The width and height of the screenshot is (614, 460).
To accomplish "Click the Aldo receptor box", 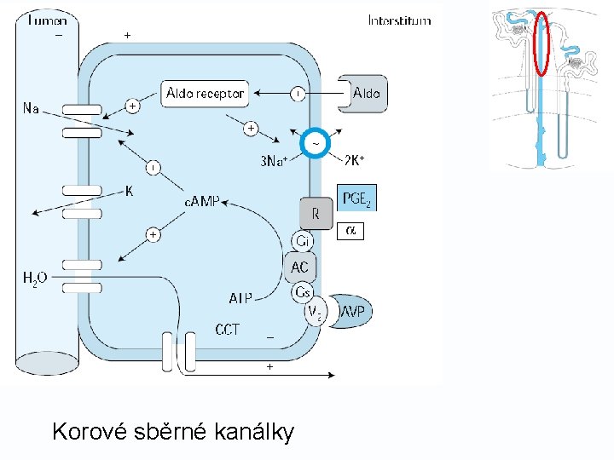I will (x=205, y=93).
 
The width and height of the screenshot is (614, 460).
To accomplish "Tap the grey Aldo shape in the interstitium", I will (x=363, y=93).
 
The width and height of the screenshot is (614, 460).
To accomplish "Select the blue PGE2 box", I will (x=356, y=199).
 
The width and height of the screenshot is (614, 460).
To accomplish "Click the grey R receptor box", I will (x=315, y=214).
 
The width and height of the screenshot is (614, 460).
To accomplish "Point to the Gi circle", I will (x=302, y=242).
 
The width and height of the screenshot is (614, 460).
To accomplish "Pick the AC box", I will (x=300, y=267).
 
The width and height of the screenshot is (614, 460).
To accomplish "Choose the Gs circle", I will (x=302, y=292).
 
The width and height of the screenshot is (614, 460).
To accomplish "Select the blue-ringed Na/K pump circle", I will (x=316, y=145).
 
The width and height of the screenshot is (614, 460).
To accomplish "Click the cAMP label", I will (x=202, y=202).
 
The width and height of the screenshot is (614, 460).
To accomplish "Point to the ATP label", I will (x=241, y=298).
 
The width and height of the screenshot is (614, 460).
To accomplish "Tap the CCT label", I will (x=227, y=329).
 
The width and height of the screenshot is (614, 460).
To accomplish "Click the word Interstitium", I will (x=399, y=20).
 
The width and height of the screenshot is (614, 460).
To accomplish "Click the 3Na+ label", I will (x=274, y=161).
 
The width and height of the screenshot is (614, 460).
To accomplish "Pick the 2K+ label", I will (x=356, y=161).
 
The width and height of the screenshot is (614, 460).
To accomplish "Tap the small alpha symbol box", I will (x=350, y=231).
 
